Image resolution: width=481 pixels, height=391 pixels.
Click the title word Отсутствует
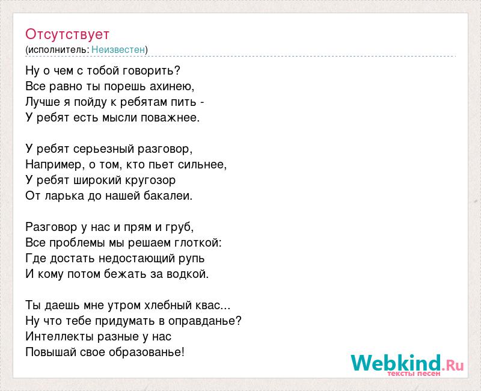[x=67, y=34]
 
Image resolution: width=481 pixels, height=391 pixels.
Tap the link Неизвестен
[x=118, y=49]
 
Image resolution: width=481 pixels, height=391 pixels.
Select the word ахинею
[x=171, y=86]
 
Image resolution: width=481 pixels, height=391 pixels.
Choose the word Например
[x=54, y=165]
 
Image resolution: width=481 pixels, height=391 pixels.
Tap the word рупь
[x=191, y=259]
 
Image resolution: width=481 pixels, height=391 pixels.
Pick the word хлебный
[x=168, y=306]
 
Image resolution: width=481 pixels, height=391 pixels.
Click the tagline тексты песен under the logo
[x=414, y=374]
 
